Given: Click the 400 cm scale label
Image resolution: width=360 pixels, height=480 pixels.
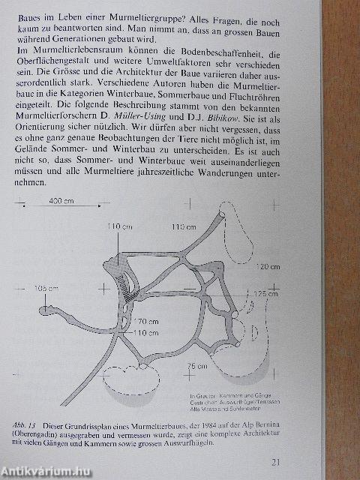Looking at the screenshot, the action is tap(61, 202).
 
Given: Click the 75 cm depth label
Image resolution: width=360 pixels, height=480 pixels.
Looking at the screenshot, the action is tap(197, 364).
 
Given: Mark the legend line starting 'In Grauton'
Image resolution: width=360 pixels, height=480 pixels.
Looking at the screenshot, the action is tap(225, 394).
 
